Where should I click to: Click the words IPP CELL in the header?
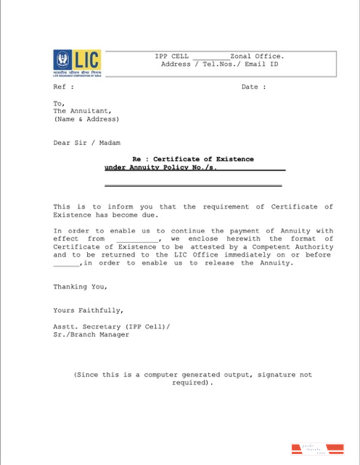point(172,56)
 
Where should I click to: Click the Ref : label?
point(63,86)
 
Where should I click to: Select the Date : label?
point(253,86)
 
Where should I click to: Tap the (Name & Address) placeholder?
point(86,119)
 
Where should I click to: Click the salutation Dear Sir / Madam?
point(87,143)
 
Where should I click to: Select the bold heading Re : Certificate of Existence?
point(193,158)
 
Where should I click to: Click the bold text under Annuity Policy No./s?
point(161,167)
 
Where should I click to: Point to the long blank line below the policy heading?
point(193,187)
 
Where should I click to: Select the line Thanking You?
point(79,286)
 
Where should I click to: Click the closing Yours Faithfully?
point(83,310)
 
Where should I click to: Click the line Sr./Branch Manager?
point(91,334)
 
